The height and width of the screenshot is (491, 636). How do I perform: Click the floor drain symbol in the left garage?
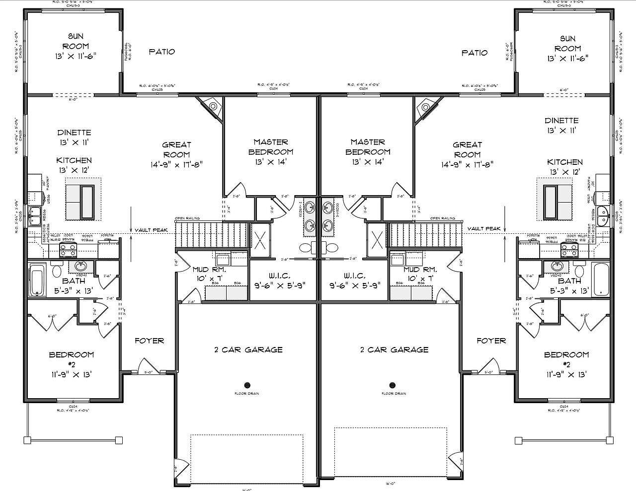(x=247, y=385)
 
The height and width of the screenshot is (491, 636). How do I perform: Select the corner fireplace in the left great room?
(x=213, y=106)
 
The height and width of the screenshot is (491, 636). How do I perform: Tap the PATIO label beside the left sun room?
(x=162, y=51)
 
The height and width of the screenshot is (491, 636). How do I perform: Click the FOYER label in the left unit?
(x=150, y=341)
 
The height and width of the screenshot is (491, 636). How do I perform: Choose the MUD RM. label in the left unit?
(x=210, y=274)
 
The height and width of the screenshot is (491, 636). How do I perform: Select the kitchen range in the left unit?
(x=67, y=249)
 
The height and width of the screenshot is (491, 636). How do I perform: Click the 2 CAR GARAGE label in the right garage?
(x=394, y=350)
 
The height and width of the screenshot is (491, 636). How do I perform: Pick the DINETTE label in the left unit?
(x=74, y=138)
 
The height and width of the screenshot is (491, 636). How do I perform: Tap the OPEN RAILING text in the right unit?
(x=442, y=218)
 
